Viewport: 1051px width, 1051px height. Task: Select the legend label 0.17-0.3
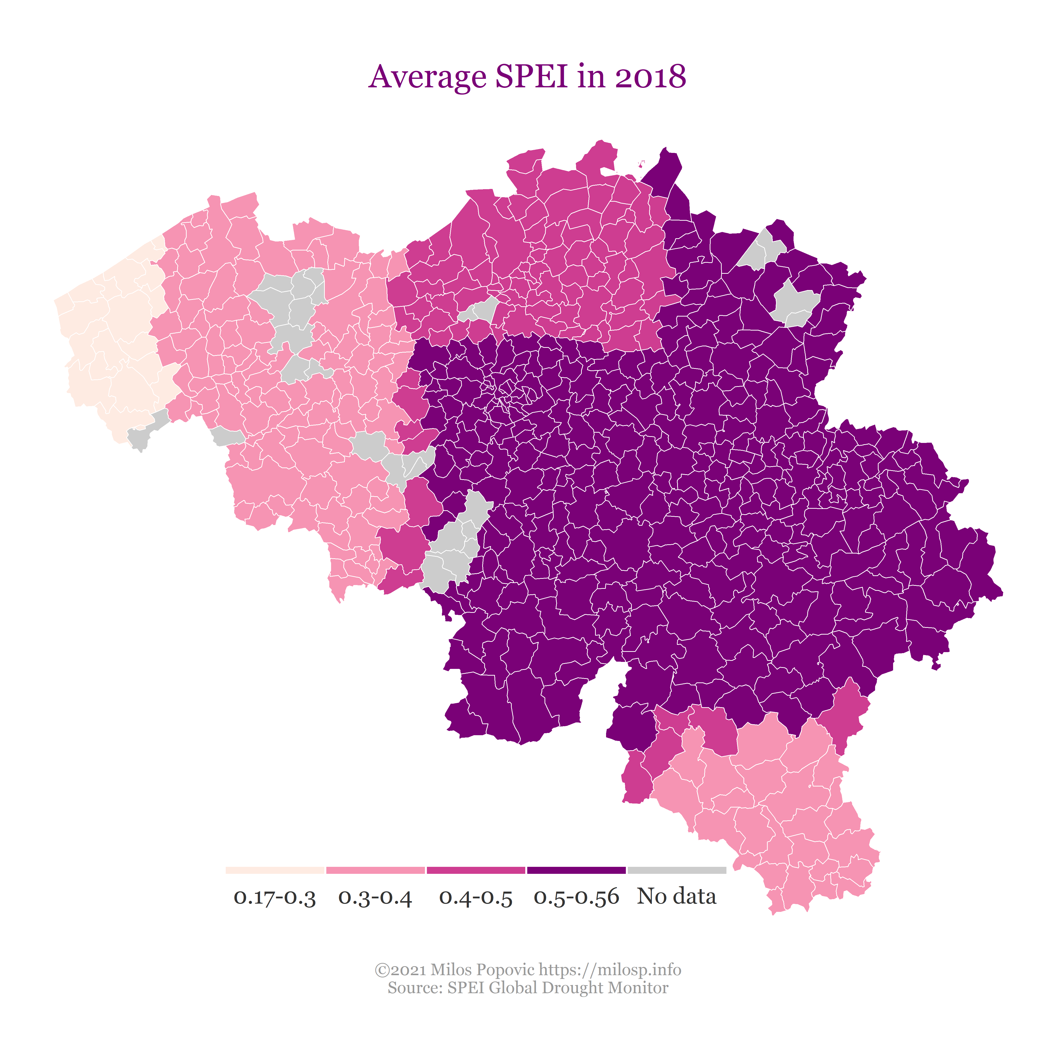click(x=275, y=897)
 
